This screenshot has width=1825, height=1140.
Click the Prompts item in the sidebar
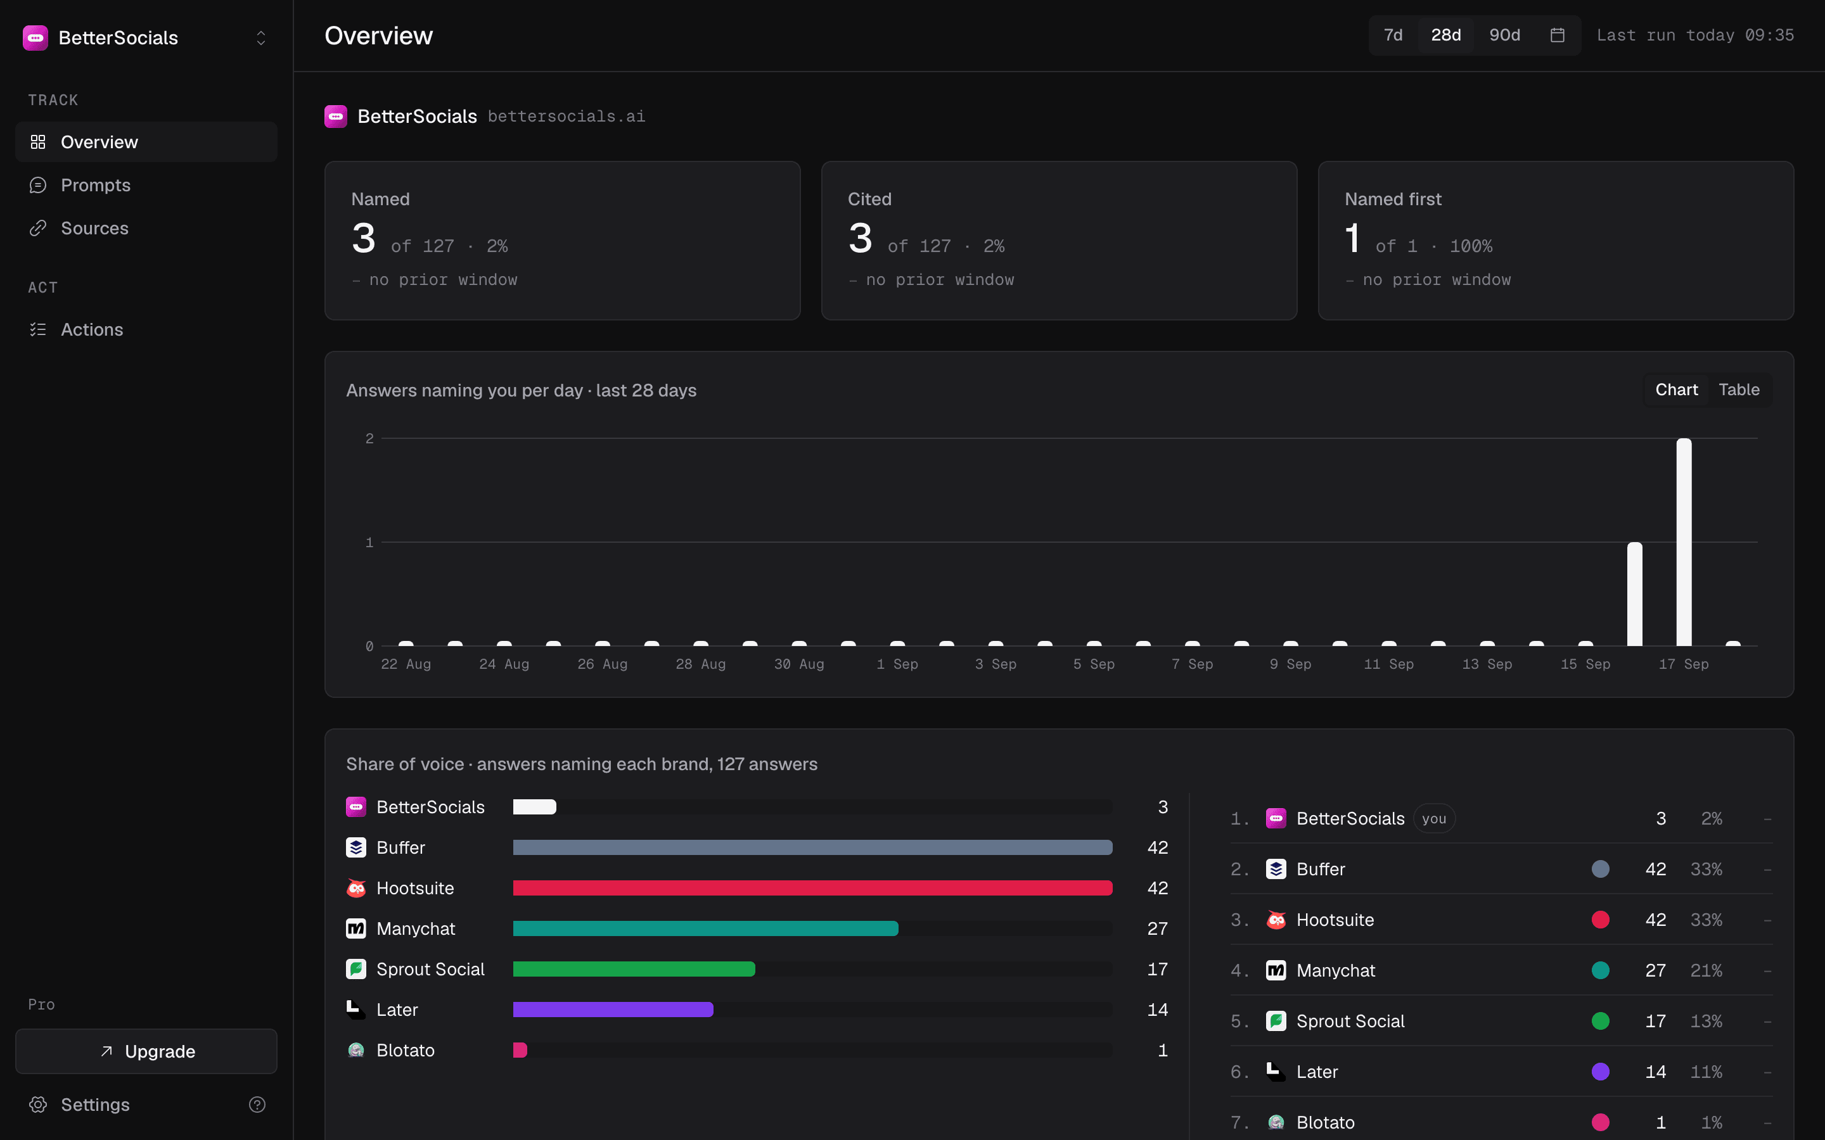coord(95,185)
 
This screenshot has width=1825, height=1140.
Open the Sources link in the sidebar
coord(94,228)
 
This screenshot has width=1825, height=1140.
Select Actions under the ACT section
coord(91,329)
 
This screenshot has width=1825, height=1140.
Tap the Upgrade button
coord(146,1051)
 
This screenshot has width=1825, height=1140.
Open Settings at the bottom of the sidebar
coord(95,1105)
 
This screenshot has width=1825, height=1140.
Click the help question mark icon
coord(257,1105)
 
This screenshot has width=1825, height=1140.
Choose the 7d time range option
coord(1393,35)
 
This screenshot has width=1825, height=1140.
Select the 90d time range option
coord(1504,35)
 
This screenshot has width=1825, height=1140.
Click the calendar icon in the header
coord(1558,35)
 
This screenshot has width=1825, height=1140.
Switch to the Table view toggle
coord(1739,389)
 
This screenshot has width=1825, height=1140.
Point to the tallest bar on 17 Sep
coord(1684,542)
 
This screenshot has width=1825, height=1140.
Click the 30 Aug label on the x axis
coord(798,664)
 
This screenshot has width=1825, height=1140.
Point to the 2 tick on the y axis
coord(369,438)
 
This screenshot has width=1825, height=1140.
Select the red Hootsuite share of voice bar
coord(812,888)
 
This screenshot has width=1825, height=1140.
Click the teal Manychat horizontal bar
coord(705,929)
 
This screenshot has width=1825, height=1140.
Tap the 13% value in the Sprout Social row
coord(1706,1021)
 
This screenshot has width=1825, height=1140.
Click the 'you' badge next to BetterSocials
coord(1433,819)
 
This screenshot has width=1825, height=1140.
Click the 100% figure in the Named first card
coord(1471,246)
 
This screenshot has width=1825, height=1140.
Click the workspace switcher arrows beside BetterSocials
coord(261,38)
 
